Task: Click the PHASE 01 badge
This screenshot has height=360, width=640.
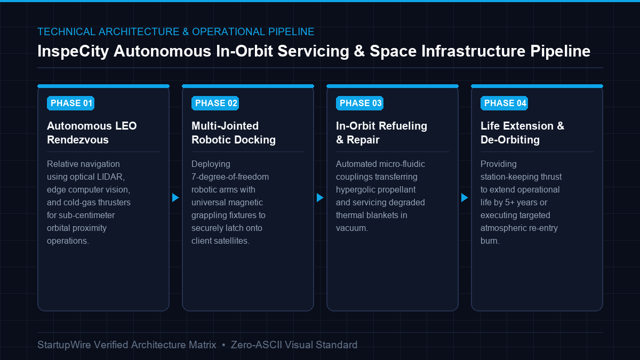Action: [70, 103]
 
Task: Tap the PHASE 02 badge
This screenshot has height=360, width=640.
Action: [215, 103]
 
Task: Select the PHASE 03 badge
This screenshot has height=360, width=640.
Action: [359, 103]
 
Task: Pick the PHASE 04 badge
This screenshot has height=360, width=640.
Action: [505, 103]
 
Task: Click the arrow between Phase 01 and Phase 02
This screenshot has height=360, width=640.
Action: [175, 197]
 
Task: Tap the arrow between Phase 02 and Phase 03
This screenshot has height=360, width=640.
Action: [320, 197]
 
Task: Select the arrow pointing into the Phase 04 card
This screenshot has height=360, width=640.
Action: [465, 197]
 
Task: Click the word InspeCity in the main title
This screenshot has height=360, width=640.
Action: [73, 51]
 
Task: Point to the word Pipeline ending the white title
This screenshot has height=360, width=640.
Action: [561, 51]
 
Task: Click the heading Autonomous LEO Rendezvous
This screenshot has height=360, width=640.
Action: [92, 133]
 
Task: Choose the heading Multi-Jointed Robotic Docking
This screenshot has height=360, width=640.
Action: [234, 133]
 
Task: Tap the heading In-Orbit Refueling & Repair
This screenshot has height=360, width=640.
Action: [381, 133]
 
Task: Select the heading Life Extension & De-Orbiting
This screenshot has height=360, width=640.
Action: [522, 133]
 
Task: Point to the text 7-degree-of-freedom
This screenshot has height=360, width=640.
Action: [230, 177]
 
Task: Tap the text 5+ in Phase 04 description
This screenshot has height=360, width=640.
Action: [510, 203]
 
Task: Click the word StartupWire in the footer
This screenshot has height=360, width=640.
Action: [65, 345]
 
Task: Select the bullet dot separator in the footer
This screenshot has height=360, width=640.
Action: [223, 346]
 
